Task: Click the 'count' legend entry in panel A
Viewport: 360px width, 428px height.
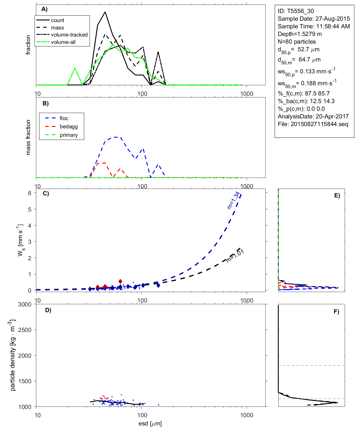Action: tap(58, 20)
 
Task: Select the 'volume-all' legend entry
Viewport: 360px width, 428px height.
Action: tap(63, 42)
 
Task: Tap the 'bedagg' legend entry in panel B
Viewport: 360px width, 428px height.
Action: tap(69, 127)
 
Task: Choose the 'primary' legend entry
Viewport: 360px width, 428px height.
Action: tap(69, 135)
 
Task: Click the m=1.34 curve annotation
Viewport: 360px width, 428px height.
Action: tap(234, 200)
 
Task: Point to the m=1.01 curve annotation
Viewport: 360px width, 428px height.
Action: tap(235, 255)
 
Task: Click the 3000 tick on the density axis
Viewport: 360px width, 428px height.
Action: tap(25, 305)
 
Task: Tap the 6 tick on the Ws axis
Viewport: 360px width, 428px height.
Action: tap(29, 193)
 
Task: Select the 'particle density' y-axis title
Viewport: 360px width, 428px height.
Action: tap(12, 355)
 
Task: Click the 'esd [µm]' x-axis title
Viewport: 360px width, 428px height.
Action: tap(150, 423)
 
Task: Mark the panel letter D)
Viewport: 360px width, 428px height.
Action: tap(48, 310)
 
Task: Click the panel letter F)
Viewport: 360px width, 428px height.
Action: tap(336, 312)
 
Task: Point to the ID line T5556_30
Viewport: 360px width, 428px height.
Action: tap(296, 11)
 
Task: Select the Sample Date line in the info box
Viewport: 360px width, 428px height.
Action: tap(314, 19)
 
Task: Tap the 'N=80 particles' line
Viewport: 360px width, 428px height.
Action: tap(297, 42)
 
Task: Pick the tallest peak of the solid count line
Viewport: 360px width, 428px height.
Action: tap(105, 12)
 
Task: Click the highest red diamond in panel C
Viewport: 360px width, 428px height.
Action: tap(120, 281)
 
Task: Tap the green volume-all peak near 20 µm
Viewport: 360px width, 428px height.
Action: tap(75, 68)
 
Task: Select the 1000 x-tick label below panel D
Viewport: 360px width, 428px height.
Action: tap(247, 415)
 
